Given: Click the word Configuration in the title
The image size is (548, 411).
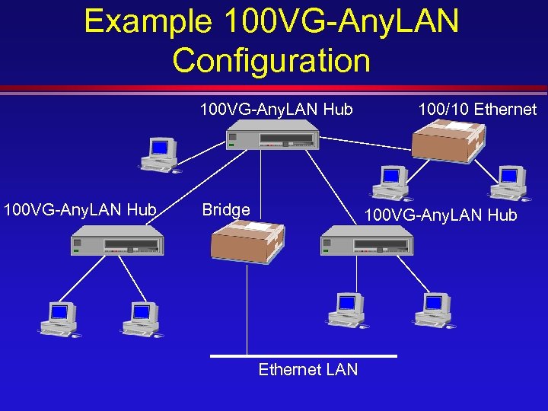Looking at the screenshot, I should coord(272,59).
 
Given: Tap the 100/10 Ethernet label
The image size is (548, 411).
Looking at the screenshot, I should coord(477,110).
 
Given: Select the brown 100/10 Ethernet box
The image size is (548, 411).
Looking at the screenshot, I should coord(448,141).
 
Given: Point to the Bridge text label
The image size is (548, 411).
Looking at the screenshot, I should coord(226,210).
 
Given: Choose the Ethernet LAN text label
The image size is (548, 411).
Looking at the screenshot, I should coord(307,370).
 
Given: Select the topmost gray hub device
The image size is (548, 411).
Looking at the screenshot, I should coord(272,139).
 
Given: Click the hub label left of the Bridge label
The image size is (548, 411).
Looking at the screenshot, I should coord(80,209).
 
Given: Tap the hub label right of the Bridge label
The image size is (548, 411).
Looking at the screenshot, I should coord(441,215).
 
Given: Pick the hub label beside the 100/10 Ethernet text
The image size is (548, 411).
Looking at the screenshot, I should coord(276,110).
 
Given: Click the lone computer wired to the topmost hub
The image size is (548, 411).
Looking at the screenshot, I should coord(160,156).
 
